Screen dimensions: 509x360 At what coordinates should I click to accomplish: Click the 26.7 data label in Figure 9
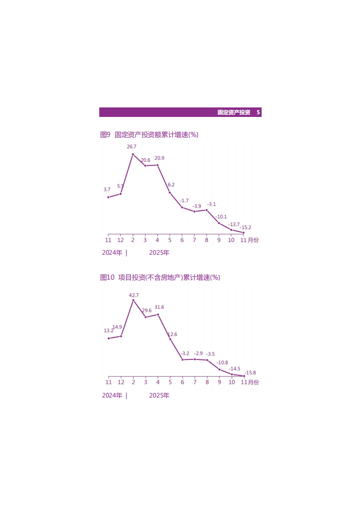coord(131,147)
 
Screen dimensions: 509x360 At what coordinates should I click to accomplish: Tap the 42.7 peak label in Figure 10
coord(134,295)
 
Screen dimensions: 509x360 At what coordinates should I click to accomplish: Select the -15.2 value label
coord(246,228)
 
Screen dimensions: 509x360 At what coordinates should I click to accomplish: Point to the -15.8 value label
coord(250,373)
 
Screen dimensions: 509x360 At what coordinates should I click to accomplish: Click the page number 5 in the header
coord(258,112)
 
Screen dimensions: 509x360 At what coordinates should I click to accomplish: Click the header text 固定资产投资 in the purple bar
coord(234,112)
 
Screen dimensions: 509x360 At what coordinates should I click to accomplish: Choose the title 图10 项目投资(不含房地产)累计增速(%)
coord(160,277)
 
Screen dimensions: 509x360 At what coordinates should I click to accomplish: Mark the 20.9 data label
coord(159,158)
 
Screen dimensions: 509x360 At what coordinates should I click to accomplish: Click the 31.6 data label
coord(159,307)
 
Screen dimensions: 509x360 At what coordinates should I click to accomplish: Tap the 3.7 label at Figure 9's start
coord(107,189)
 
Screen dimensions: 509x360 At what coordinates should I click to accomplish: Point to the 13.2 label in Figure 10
coord(108,331)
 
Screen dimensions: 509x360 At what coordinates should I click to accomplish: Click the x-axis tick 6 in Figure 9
coord(182,240)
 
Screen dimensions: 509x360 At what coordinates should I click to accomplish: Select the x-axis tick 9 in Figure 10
coord(219,382)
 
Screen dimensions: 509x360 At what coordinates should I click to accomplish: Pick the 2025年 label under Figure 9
coord(159,253)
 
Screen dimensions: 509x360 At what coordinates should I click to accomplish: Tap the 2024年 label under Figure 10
coord(112,395)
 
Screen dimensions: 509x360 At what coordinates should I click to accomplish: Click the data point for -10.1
coord(219,223)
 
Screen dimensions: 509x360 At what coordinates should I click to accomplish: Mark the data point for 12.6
coord(170,339)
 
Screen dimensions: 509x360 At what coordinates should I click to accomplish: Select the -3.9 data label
coord(196,206)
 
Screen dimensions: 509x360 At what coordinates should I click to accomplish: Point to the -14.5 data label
coord(234,368)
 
